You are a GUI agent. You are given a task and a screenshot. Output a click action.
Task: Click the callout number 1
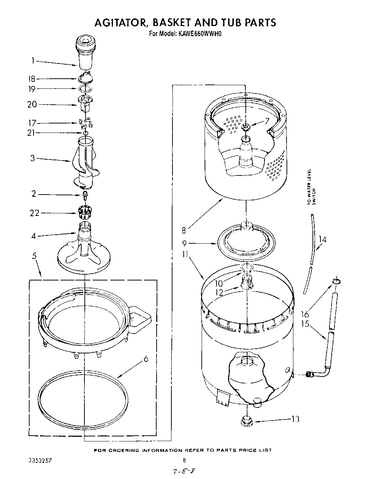point(32,61)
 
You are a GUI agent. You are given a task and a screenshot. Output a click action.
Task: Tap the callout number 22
point(35,213)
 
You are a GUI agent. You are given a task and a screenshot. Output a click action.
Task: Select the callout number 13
point(296,419)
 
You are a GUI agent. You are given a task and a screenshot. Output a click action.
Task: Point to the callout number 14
point(322,239)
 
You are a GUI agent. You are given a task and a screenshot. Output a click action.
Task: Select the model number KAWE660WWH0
point(199,34)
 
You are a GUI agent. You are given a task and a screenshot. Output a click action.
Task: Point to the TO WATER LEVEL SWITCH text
point(311,187)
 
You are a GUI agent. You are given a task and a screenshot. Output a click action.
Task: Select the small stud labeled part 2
point(85,195)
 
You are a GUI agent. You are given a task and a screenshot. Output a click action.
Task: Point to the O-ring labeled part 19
point(83,89)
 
